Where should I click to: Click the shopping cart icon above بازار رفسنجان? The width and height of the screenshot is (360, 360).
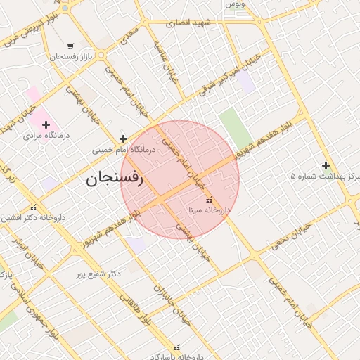(69, 46)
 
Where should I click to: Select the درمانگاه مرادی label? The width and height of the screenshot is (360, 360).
(45, 135)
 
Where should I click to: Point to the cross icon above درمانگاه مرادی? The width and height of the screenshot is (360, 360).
(46, 124)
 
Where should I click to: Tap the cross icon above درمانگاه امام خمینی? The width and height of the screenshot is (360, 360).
(124, 139)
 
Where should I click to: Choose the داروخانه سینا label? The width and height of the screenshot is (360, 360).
(210, 210)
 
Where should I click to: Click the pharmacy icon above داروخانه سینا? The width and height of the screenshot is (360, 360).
(208, 200)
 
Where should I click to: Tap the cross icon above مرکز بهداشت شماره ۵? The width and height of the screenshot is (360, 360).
(326, 165)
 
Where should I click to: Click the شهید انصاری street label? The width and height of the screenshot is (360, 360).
(188, 23)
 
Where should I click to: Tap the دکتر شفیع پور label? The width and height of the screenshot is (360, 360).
(98, 273)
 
